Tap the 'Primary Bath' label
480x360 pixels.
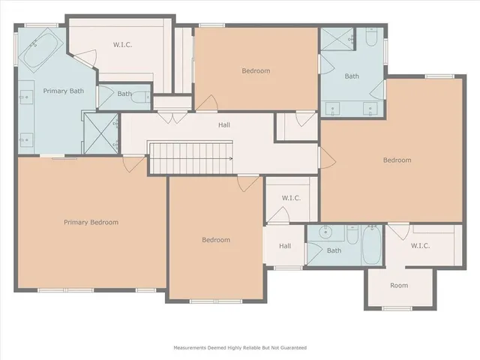pos(63,91)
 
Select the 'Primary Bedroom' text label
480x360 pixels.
pos(91,222)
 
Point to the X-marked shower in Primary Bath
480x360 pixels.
pos(98,130)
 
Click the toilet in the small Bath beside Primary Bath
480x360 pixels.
pos(106,94)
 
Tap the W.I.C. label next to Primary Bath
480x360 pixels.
pos(123,44)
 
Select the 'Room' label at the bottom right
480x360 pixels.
pos(399,286)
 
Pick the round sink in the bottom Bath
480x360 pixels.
pos(323,232)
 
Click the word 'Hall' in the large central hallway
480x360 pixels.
pos(223,125)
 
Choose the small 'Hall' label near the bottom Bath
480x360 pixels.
pos(285,246)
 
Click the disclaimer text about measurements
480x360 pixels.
pos(240,347)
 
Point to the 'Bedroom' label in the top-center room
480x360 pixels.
pos(256,70)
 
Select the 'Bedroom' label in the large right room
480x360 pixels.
pos(397,160)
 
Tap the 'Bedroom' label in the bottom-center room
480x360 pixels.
pos(216,240)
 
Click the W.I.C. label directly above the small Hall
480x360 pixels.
pos(292,198)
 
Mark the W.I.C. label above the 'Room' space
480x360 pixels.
pos(420,245)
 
